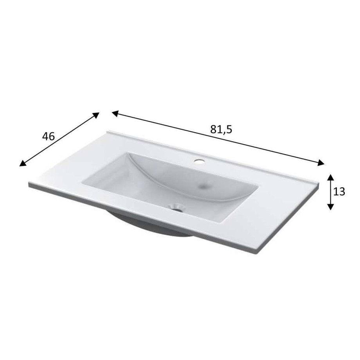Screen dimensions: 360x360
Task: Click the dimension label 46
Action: (x=49, y=137)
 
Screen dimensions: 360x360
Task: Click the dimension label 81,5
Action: (x=221, y=130)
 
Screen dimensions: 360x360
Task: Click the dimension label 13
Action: (x=339, y=191)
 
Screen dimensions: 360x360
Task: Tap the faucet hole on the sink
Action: (x=199, y=161)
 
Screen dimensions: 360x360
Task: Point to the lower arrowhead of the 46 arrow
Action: (x=23, y=163)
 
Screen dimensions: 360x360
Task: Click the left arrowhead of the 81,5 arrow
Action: (x=115, y=113)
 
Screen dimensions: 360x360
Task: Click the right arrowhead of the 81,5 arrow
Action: (x=321, y=162)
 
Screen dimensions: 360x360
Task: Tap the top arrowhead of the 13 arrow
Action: (x=330, y=178)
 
